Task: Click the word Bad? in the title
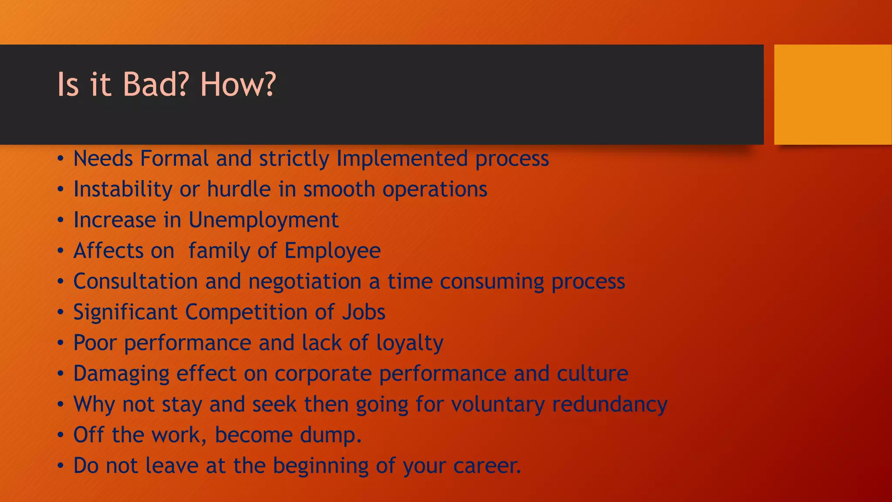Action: click(x=155, y=84)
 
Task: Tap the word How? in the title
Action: click(x=238, y=84)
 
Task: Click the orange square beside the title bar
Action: click(x=832, y=95)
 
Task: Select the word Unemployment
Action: click(x=263, y=220)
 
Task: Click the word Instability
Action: click(x=123, y=190)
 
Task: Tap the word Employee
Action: click(x=332, y=251)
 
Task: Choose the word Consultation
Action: click(x=135, y=282)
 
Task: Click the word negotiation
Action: click(x=304, y=282)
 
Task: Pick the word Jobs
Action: click(x=364, y=312)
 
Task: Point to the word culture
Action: click(x=592, y=374)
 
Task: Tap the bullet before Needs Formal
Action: click(x=61, y=159)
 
